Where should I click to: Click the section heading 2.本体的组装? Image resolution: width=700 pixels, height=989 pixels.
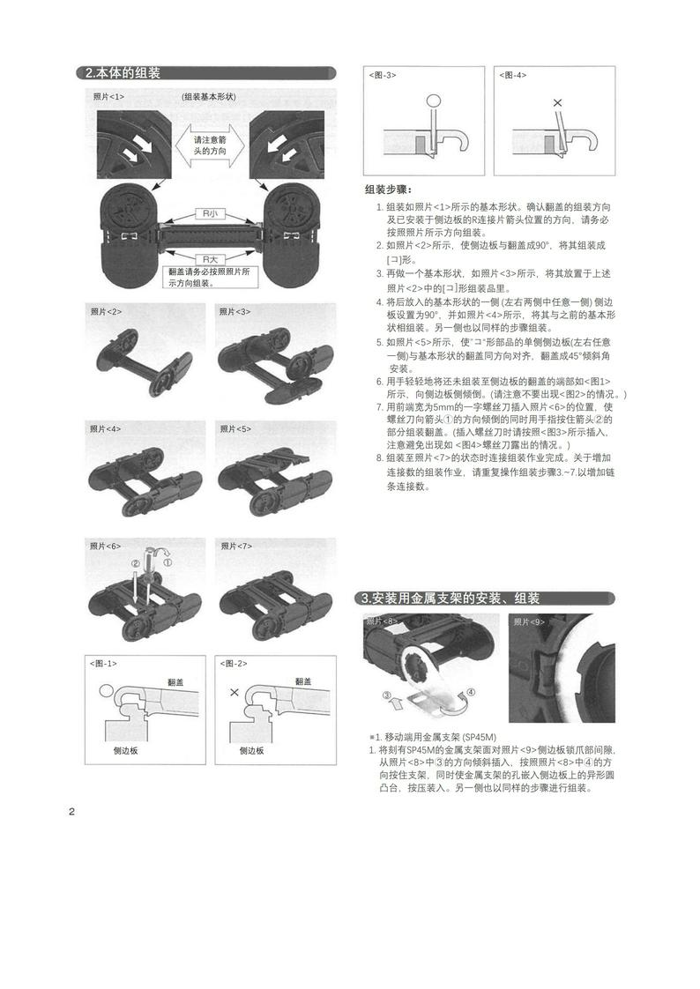(123, 73)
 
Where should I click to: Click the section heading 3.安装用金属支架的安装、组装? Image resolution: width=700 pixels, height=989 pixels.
(451, 599)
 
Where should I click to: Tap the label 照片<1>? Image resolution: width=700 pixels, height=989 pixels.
(109, 95)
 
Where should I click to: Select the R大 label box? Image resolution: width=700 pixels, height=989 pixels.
(210, 259)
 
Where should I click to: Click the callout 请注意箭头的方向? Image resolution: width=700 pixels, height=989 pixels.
(210, 145)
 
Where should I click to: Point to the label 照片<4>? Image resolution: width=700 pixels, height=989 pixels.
(107, 428)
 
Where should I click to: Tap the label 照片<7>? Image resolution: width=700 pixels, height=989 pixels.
(235, 546)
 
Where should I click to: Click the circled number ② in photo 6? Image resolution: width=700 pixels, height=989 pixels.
(135, 563)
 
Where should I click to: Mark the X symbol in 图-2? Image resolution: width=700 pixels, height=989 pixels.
(234, 693)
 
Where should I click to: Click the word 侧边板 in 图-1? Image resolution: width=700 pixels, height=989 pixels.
(125, 751)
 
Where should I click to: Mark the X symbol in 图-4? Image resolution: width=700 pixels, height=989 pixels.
(557, 103)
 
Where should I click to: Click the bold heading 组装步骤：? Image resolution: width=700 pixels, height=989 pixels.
(388, 190)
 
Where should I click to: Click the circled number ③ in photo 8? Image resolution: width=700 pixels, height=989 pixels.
(387, 695)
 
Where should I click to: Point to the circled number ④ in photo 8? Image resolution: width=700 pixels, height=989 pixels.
(471, 692)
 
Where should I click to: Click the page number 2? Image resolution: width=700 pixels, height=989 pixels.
(71, 812)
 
